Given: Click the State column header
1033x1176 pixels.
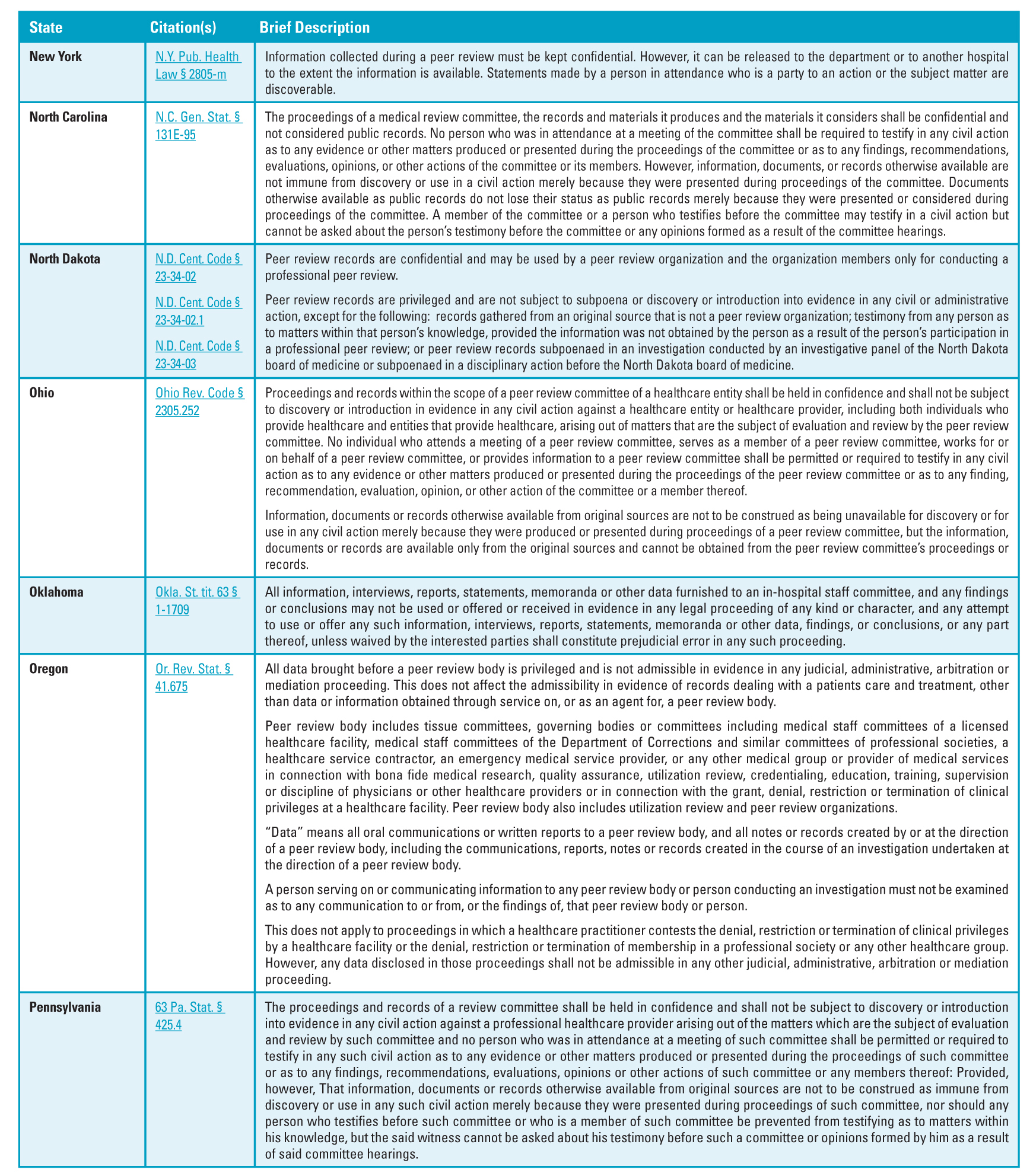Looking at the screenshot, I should point(46,27).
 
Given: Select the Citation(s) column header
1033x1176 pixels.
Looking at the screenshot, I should point(183,27).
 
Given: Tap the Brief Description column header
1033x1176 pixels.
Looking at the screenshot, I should point(314,27).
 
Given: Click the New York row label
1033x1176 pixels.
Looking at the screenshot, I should point(56,57).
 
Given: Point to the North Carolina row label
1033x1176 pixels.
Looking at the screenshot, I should point(68,117).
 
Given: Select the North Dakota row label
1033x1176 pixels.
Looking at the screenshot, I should point(65,259).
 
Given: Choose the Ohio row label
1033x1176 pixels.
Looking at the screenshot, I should point(42,393).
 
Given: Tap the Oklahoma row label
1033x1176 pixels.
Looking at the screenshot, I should point(56,592).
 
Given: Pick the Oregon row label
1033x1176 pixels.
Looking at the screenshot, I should point(49,669).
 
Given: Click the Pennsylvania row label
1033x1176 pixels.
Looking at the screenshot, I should point(65,1007).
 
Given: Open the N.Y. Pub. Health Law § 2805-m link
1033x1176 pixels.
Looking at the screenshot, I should point(198,66).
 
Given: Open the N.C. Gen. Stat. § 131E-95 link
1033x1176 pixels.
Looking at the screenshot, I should point(198,126).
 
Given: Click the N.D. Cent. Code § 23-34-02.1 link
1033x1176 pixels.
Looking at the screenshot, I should point(198,311).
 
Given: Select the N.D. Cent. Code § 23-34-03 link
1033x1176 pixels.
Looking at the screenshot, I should point(198,355).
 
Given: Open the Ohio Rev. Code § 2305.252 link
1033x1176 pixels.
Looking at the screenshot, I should point(199,401).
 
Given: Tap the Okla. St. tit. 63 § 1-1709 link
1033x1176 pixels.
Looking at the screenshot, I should point(197,601).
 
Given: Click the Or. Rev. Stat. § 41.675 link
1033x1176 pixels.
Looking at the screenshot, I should point(193,678).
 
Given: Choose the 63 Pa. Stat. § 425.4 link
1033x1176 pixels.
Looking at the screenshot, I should point(190,1016).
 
